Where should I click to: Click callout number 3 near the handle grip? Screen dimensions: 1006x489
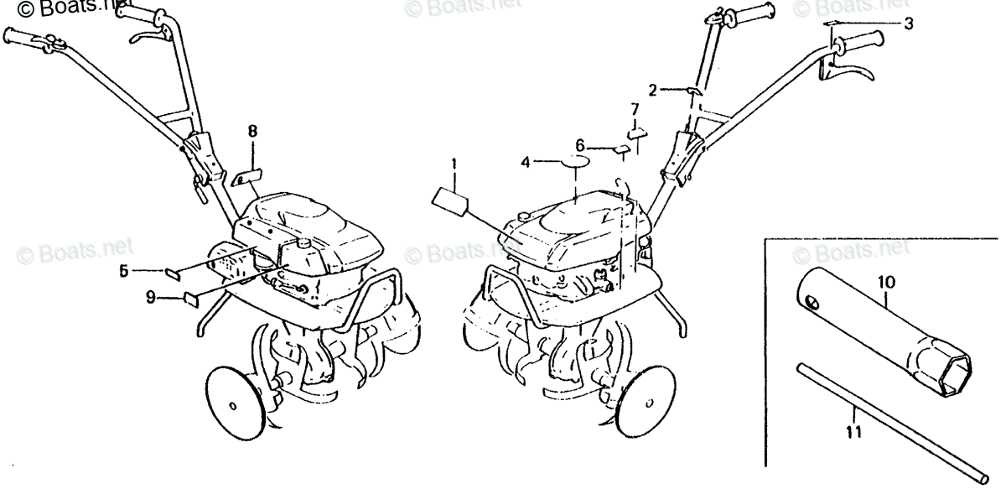[x=908, y=23]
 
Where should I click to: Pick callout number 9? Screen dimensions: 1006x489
[x=150, y=296]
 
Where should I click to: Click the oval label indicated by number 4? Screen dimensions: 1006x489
[x=575, y=160]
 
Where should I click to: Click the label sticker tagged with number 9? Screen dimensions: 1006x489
[x=190, y=296]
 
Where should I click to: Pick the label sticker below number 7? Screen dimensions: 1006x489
[x=638, y=130]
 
